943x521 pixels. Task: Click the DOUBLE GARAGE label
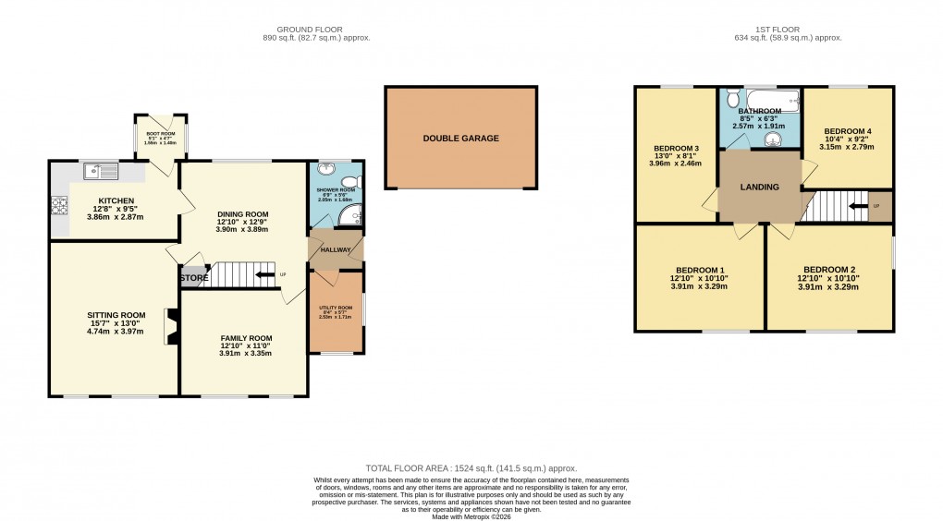click(x=460, y=138)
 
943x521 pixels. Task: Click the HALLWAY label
click(x=336, y=249)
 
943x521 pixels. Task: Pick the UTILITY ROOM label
click(x=336, y=308)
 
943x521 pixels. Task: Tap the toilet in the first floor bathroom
click(x=731, y=98)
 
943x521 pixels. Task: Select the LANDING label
click(x=759, y=188)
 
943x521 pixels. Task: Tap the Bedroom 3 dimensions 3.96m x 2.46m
click(x=676, y=164)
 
